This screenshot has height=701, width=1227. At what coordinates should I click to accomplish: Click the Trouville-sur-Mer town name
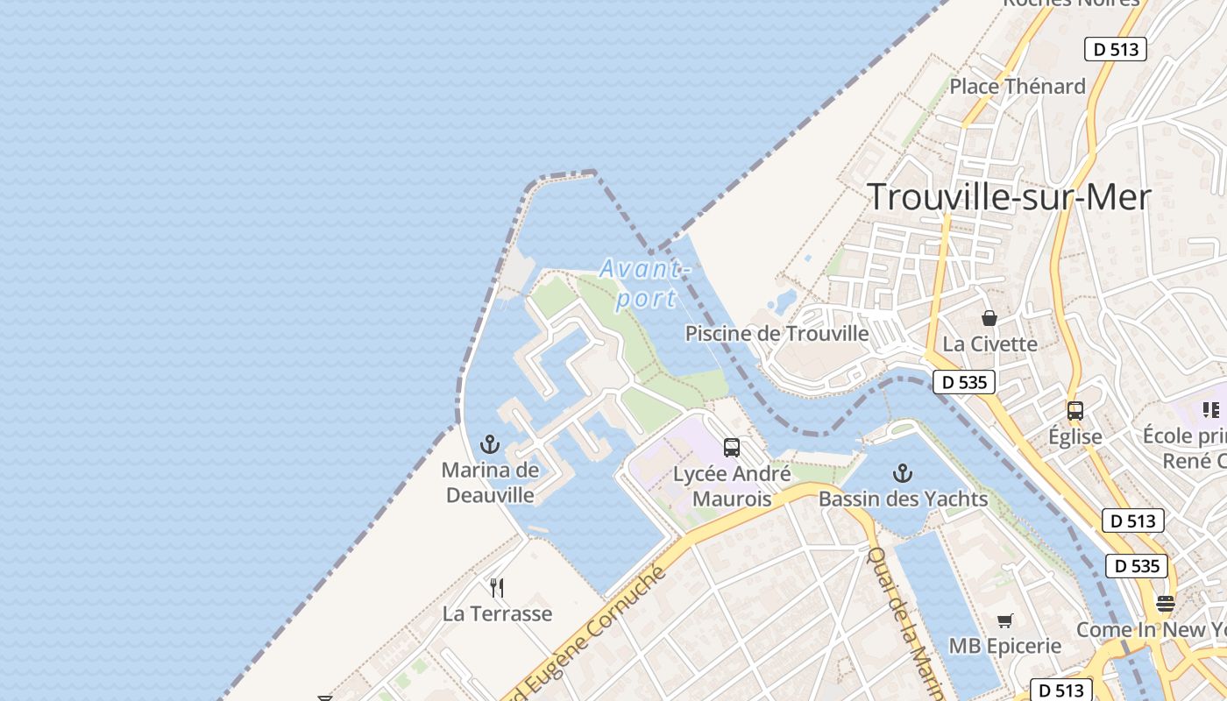[1009, 197]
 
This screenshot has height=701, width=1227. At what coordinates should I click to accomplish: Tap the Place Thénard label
[1018, 86]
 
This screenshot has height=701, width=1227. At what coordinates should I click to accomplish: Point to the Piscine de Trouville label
[777, 334]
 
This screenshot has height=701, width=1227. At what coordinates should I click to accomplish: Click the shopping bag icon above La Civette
[989, 318]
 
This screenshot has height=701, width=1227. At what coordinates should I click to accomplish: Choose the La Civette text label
[989, 343]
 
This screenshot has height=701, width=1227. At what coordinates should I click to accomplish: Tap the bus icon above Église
[1075, 410]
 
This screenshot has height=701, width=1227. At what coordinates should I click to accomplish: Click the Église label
[1075, 435]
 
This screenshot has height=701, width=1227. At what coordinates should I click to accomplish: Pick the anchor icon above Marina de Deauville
[490, 444]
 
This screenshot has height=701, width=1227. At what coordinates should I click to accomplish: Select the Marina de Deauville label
[490, 482]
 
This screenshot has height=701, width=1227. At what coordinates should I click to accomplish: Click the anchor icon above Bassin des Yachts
[903, 474]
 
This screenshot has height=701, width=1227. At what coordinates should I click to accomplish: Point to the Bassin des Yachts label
[903, 499]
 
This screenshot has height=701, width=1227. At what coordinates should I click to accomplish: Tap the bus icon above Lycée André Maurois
[732, 448]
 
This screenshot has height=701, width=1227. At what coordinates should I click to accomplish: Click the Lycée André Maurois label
[732, 486]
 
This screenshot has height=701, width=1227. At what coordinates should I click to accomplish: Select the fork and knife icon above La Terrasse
[497, 587]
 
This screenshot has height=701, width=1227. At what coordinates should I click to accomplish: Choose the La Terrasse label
[497, 613]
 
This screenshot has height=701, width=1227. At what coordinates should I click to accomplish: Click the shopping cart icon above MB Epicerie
[1005, 620]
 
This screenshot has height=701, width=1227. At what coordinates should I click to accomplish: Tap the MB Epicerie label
[1005, 647]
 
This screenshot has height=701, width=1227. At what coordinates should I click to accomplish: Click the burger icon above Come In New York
[1165, 603]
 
